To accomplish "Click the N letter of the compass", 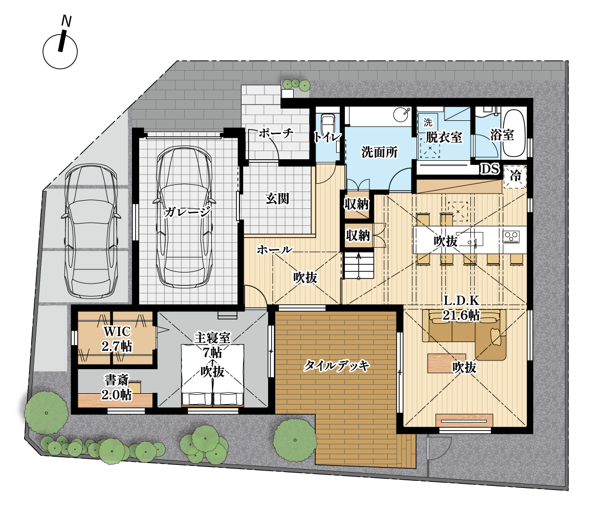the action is click(67, 21).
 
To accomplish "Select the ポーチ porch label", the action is click(276, 133).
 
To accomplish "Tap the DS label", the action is click(490, 169).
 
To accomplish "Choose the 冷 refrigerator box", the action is click(515, 176).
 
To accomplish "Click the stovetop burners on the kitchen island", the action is click(511, 237).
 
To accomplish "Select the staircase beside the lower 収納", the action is click(358, 266).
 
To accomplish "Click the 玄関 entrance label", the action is click(277, 198).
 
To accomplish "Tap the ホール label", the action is click(275, 249).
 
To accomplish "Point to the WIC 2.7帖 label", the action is click(117, 338).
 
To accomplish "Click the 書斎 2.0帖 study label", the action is click(116, 387).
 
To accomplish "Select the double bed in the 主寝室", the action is click(212, 375).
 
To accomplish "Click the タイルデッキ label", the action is click(337, 366).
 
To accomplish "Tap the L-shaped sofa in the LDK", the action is click(465, 334).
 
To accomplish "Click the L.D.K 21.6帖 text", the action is click(461, 308).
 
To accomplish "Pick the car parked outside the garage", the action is click(91, 230).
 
